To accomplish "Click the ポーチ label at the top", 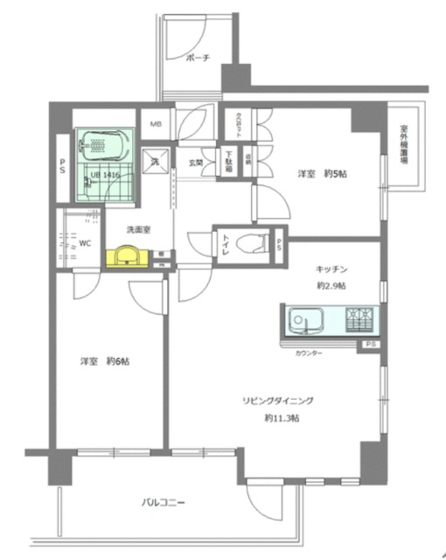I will point(199,59).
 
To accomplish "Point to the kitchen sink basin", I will point(306,319).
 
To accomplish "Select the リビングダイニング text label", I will point(278,401).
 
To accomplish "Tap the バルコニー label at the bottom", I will point(165,502).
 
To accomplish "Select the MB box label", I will point(155,124).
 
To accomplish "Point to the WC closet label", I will point(86,244).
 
